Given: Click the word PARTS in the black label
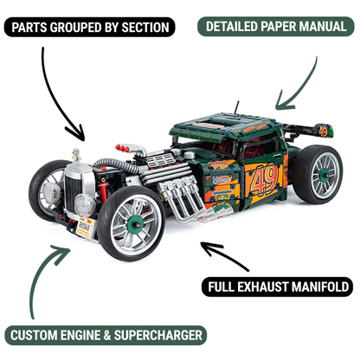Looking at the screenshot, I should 34,27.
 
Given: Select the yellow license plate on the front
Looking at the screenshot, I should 84,227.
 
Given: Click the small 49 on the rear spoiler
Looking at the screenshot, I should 323,131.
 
